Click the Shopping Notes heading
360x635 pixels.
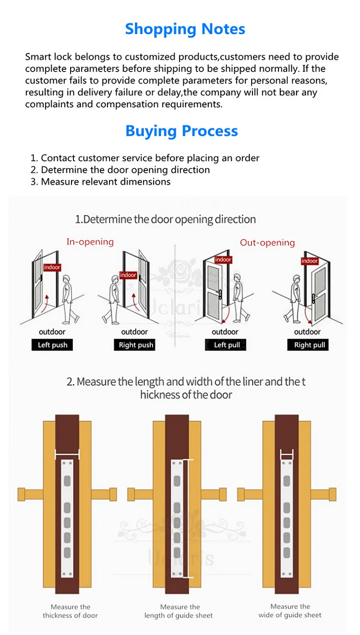point(185,29)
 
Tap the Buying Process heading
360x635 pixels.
point(181,131)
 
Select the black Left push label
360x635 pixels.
point(52,345)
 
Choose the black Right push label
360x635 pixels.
point(136,345)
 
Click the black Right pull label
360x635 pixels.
point(310,345)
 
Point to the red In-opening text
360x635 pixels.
point(90,242)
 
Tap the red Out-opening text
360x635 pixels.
point(267,243)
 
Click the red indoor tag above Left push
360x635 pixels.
point(52,267)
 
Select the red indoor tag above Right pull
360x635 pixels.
point(310,261)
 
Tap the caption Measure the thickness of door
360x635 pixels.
point(70,611)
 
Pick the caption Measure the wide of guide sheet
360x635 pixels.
point(290,611)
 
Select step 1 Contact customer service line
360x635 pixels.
point(145,158)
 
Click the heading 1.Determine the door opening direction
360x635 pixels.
point(166,220)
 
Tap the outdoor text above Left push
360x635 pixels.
point(52,332)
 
